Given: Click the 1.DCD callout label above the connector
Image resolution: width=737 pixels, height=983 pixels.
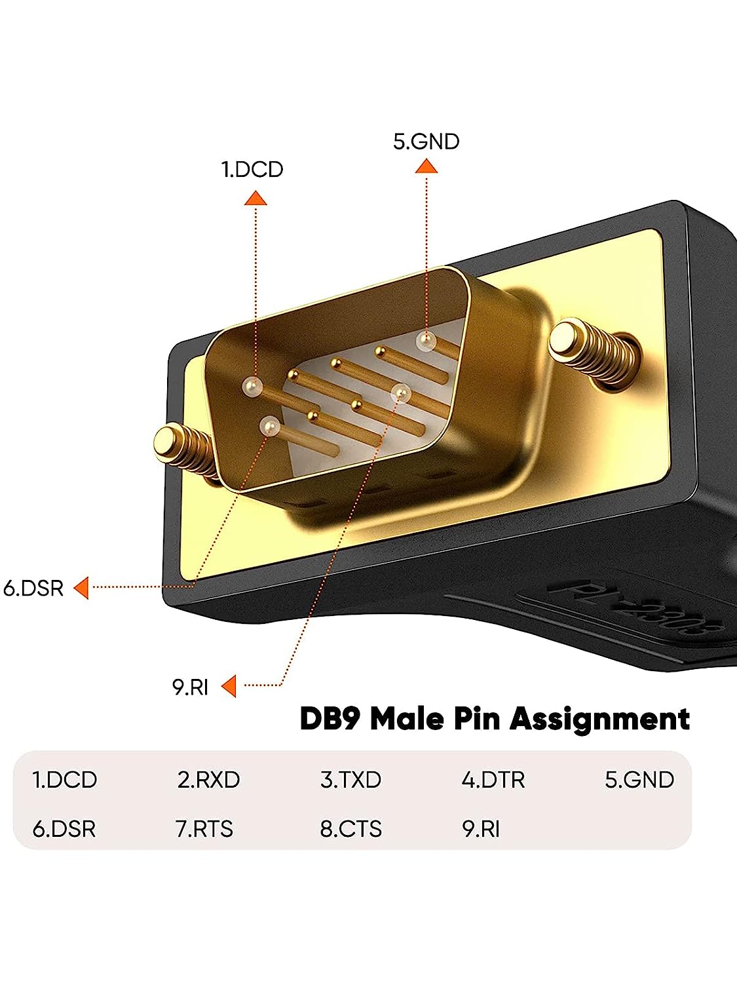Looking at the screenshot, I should click(252, 169).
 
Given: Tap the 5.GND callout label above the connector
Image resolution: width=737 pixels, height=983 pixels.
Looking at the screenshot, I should click(426, 142).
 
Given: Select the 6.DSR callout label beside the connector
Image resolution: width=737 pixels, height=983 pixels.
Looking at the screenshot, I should click(33, 588).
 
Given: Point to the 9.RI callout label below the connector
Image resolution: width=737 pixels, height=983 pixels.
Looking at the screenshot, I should click(190, 687).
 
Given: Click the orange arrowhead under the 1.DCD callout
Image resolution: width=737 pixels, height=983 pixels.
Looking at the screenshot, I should click(255, 198).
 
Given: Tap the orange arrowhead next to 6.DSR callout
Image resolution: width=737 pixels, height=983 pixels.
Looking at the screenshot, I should click(82, 588).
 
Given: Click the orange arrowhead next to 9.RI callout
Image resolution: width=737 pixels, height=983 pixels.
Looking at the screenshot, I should click(229, 686).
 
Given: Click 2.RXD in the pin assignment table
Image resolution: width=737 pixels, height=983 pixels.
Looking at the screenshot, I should click(208, 780).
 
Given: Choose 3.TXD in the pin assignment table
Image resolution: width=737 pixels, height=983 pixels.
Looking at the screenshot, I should click(350, 780).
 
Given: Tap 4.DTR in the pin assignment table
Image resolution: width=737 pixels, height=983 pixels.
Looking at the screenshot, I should click(493, 780).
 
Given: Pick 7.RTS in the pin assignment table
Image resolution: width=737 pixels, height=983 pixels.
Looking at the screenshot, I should click(204, 829).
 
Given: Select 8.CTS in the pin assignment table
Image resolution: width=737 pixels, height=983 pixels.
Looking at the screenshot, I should click(350, 829).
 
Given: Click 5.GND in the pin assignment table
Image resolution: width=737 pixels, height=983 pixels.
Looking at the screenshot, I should click(639, 780).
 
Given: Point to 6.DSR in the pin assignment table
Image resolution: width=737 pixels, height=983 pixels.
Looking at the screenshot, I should click(64, 829).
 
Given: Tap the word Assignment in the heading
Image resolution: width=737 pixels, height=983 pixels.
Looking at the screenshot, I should click(599, 719).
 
